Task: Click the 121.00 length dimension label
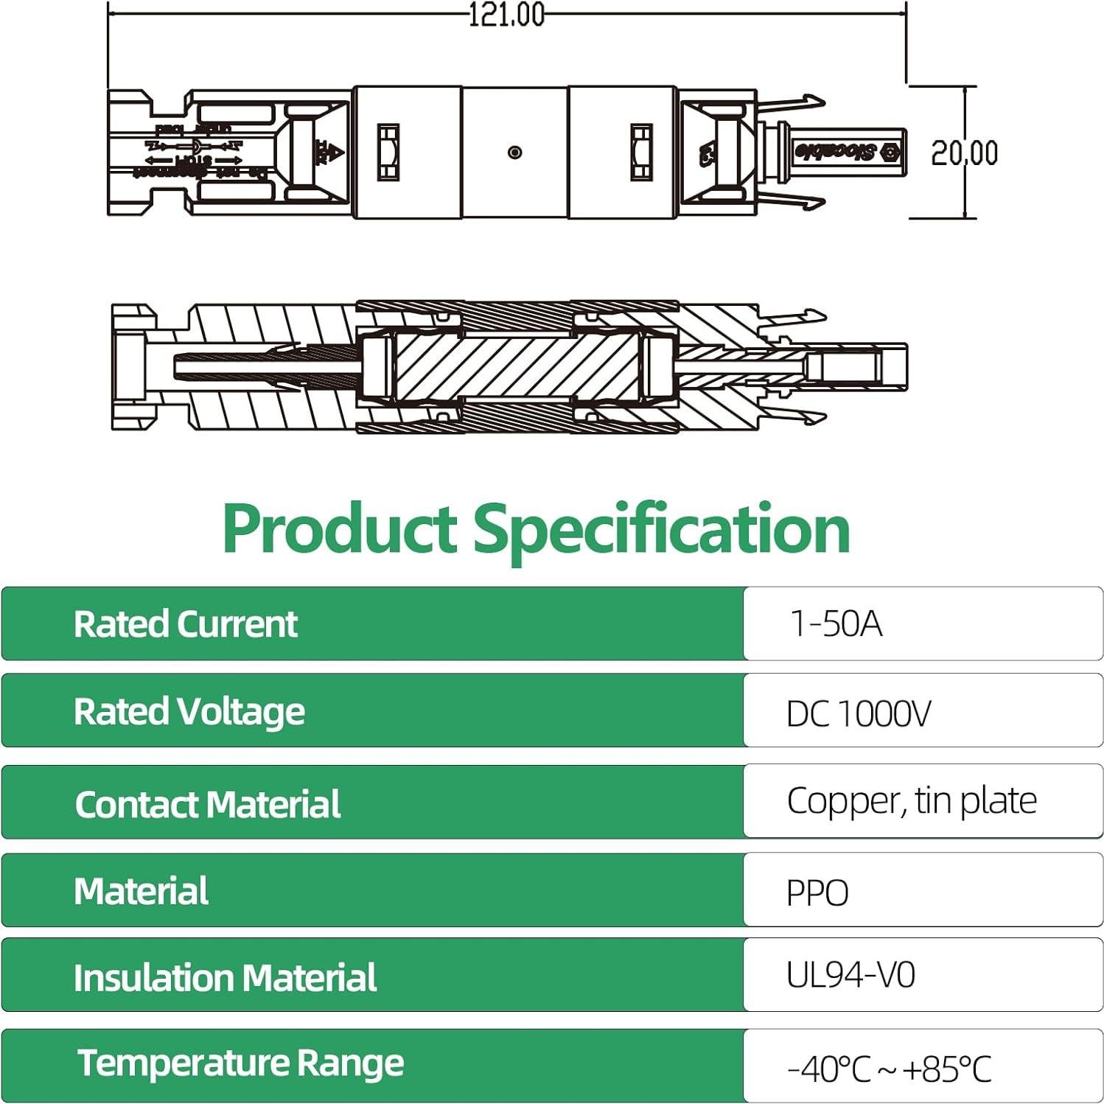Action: (x=506, y=15)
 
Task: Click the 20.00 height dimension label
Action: (x=964, y=153)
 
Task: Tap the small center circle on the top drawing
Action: (x=515, y=153)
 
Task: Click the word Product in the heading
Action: (x=340, y=528)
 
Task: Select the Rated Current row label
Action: (x=185, y=624)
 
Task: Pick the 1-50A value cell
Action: (x=835, y=623)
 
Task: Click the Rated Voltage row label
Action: (x=189, y=712)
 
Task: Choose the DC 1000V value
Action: (x=858, y=713)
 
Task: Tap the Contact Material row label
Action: (x=207, y=804)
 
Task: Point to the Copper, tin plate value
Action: (x=911, y=800)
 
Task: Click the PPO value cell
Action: (x=817, y=892)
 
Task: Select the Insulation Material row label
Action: (x=225, y=978)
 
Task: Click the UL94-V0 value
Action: (x=850, y=975)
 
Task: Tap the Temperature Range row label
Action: (x=240, y=1063)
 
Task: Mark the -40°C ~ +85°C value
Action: (x=889, y=1069)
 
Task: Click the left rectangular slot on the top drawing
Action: (x=388, y=153)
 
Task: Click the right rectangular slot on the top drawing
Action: (x=641, y=153)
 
